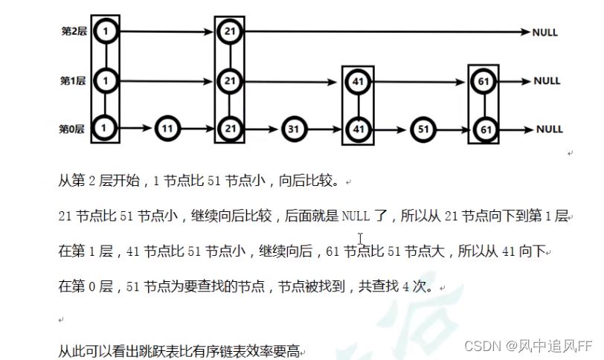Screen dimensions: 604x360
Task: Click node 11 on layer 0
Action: (169, 129)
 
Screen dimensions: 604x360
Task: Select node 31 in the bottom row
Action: (293, 129)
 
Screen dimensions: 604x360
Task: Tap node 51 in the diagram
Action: (423, 129)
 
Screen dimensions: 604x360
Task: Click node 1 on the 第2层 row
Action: (106, 32)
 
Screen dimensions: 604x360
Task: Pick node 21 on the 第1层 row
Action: (230, 80)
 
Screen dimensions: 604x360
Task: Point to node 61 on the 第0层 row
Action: (485, 129)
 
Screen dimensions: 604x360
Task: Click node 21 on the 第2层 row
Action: (230, 32)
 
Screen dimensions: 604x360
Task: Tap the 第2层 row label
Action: (73, 32)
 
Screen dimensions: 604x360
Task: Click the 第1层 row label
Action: (73, 80)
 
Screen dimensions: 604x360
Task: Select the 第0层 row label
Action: (71, 129)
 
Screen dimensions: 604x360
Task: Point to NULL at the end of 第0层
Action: (550, 129)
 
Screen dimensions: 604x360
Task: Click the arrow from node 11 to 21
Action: (198, 129)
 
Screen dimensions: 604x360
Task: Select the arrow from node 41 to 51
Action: (391, 129)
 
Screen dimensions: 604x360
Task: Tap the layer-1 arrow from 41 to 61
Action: (421, 81)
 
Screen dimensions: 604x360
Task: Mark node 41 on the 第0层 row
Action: (359, 129)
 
